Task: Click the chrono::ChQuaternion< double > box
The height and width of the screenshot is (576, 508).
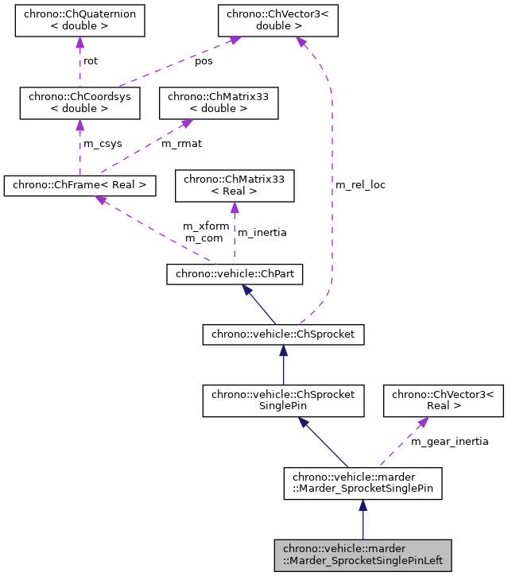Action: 80,21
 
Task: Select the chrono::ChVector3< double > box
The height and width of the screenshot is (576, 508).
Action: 278,21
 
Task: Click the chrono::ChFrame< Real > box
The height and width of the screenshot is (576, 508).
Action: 79,185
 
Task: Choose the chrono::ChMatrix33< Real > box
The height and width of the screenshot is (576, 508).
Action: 235,185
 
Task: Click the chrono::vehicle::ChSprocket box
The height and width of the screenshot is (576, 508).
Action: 283,335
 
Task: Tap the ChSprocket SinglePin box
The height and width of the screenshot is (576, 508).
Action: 283,400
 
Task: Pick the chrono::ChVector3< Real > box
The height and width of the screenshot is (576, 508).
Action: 444,400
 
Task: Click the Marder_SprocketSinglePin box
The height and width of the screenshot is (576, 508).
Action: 363,482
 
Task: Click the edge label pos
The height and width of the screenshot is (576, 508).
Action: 204,61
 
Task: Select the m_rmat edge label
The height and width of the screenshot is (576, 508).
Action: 181,144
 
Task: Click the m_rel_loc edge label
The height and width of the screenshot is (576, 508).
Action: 360,185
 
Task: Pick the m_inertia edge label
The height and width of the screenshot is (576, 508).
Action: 262,233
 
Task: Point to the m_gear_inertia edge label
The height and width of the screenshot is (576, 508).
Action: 449,441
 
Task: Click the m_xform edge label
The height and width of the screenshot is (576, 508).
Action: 206,226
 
